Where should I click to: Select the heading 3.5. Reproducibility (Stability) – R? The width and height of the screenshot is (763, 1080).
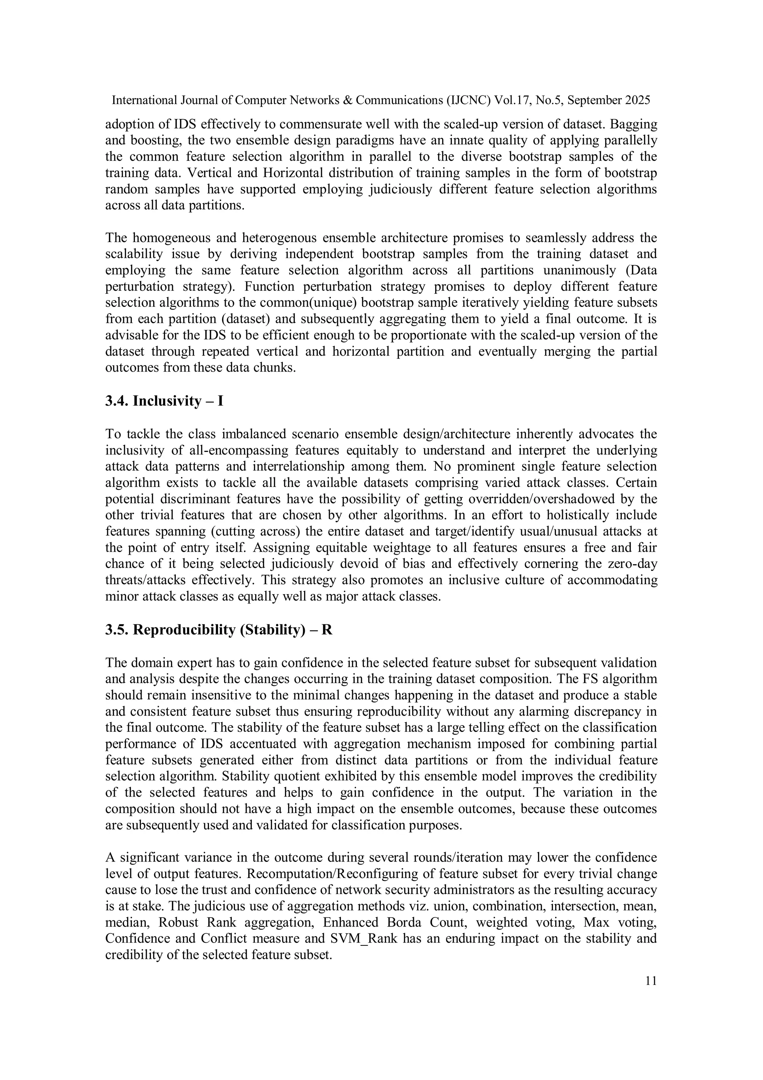tap(219, 630)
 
